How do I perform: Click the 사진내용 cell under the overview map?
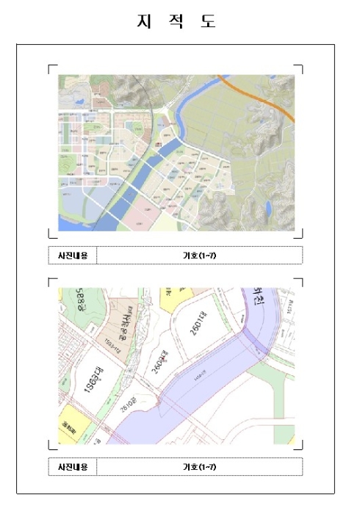click(72, 256)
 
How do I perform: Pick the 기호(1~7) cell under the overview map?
click(199, 256)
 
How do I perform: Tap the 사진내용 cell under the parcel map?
click(72, 467)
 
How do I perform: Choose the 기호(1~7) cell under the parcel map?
click(199, 467)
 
